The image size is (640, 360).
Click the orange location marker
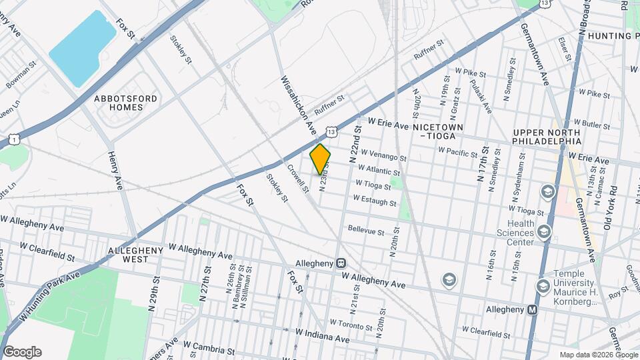320,158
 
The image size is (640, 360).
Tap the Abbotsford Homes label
126,103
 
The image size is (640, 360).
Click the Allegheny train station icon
341,264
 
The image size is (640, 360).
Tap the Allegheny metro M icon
532,309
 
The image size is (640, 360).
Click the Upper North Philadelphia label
547,137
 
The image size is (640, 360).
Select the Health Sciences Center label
515,233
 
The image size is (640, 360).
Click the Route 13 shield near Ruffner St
331,132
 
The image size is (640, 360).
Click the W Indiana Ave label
323,335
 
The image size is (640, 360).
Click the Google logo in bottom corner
21,352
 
